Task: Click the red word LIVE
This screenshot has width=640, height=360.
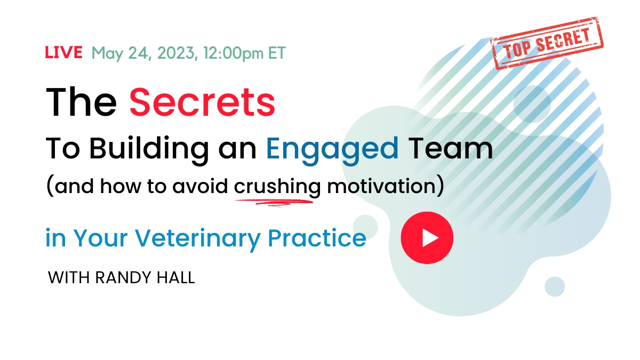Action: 63,52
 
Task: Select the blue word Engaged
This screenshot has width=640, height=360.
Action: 332,149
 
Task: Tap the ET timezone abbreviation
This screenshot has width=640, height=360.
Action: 277,53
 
